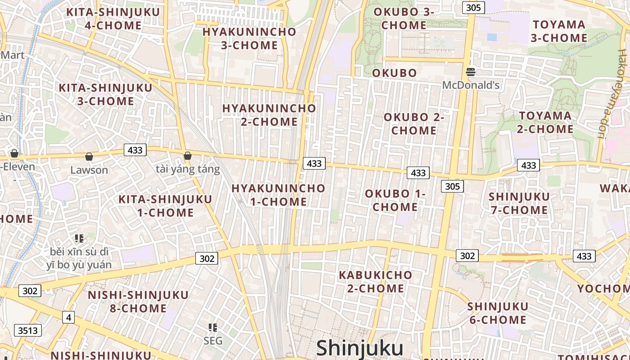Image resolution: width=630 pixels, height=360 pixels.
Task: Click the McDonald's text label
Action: (471, 85)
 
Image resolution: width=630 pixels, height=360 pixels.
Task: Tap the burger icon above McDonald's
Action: (471, 72)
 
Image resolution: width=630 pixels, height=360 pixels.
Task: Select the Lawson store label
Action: (89, 170)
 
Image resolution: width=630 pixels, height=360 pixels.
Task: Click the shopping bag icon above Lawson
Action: (89, 157)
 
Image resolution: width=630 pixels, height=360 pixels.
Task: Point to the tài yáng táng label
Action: (188, 169)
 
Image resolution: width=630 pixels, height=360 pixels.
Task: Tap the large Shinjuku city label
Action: (360, 349)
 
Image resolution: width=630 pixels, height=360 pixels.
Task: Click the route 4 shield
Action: (68, 317)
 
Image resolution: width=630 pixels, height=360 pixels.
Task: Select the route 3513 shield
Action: (28, 331)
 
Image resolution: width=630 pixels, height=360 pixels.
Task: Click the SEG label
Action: (213, 341)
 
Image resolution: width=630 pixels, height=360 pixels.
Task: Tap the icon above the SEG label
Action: (213, 328)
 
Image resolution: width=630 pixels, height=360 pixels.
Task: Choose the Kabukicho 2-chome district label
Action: (375, 281)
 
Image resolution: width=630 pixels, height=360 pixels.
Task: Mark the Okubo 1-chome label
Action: (395, 200)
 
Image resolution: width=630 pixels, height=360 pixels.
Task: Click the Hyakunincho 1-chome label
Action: (279, 195)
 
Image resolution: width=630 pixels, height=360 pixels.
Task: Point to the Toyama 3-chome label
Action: (559, 31)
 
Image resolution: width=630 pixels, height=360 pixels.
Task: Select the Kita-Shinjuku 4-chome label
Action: (113, 18)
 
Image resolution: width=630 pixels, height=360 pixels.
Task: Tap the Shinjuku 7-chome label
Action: (519, 203)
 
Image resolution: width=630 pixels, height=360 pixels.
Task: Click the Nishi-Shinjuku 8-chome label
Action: (138, 301)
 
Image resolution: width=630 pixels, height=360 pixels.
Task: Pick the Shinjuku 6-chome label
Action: (497, 313)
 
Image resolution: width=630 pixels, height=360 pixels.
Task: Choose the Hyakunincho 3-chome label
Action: (249, 38)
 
